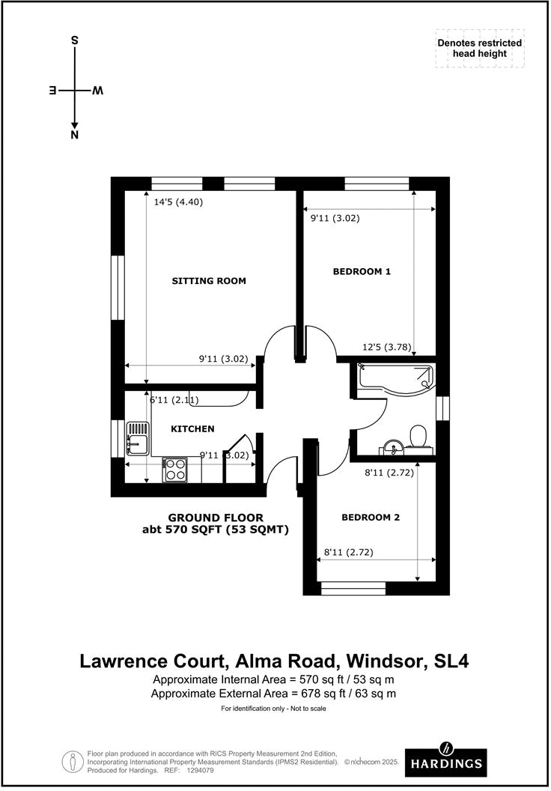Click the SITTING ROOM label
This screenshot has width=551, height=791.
(209, 281)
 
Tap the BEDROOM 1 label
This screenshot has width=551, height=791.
(362, 272)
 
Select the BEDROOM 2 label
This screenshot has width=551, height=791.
(371, 518)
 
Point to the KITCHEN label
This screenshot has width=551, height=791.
(193, 429)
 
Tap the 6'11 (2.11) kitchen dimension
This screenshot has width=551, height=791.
(175, 401)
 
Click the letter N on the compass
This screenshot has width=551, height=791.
(74, 135)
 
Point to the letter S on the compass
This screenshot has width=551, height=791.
(74, 41)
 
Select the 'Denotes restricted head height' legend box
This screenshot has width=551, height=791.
(480, 49)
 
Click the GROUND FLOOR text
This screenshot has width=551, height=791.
(216, 518)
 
